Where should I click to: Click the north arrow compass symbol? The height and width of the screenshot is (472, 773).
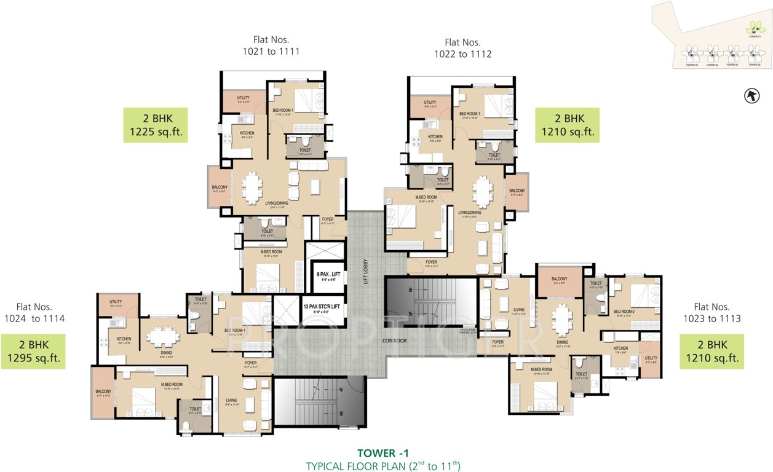click(750, 95)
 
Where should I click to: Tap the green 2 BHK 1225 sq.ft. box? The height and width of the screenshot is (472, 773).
click(155, 125)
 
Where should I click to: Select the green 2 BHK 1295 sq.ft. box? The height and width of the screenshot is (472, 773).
click(33, 352)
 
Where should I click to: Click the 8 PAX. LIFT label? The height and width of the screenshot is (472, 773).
click(323, 275)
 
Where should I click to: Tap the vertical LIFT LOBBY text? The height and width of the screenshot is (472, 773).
click(365, 270)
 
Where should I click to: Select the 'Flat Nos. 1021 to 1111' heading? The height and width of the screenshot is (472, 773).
click(271, 46)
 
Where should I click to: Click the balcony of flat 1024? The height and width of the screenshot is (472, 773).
click(103, 393)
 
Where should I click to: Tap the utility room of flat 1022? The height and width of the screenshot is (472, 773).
click(430, 105)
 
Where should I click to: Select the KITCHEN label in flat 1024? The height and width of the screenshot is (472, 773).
click(124, 339)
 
